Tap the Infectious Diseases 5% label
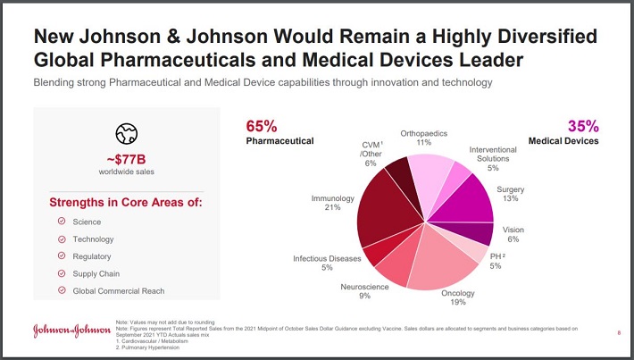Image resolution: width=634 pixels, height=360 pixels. point(327,264)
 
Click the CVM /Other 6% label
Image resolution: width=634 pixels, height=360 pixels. point(371,153)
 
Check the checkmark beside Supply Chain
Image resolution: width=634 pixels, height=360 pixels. point(61,273)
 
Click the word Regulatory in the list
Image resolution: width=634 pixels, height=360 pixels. point(92,256)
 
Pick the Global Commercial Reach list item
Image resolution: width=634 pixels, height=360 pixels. point(118,290)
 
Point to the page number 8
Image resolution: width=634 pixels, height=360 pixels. point(619,333)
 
